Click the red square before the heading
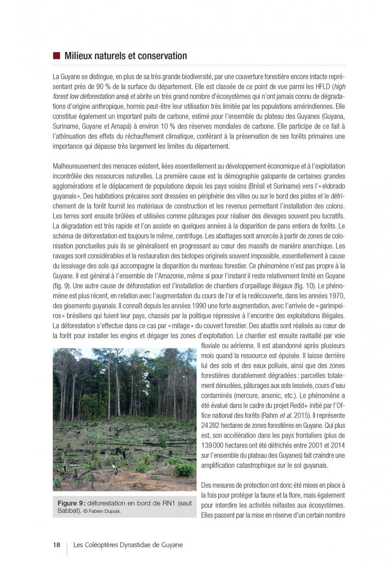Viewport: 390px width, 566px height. pyautogui.click(x=56, y=56)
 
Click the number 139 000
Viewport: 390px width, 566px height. pyautogui.click(x=215, y=444)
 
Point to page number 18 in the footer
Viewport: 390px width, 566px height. pyautogui.click(x=57, y=545)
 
